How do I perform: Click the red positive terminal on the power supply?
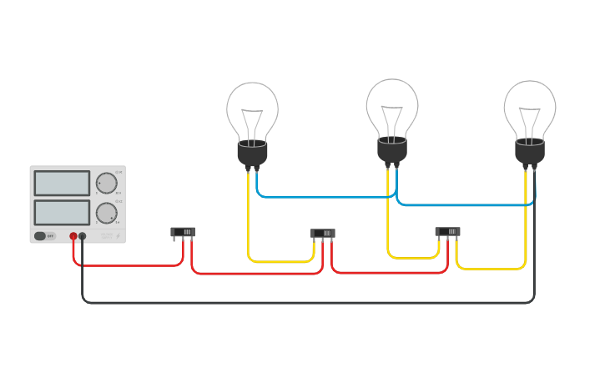pos(73,236)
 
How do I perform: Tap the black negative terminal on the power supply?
pos(83,236)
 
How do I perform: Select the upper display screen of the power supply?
pos(62,183)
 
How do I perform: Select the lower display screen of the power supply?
pos(62,212)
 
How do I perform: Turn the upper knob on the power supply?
pos(106,184)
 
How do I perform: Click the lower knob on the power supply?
pos(106,213)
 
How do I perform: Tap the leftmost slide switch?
pos(183,232)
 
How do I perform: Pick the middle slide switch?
pos(323,234)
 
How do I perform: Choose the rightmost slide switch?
pos(447,232)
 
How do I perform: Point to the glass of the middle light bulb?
pos(392,107)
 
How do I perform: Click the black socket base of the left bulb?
pos(252,154)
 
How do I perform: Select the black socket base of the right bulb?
pos(530,152)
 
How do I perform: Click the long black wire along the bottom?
pos(309,303)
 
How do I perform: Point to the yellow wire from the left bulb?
pos(249,217)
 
